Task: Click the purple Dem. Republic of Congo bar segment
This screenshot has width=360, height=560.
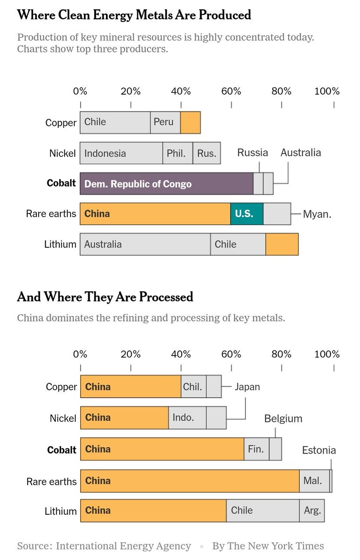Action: pyautogui.click(x=166, y=183)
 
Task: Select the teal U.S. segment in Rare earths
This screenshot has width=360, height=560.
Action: pyautogui.click(x=247, y=214)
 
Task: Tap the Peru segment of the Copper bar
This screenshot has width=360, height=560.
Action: pyautogui.click(x=165, y=122)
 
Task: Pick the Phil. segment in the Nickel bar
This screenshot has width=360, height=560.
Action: pyautogui.click(x=177, y=153)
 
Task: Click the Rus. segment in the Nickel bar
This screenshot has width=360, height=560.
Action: pyautogui.click(x=206, y=153)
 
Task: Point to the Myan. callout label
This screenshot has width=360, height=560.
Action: pyautogui.click(x=317, y=215)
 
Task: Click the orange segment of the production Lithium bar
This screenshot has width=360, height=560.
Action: pyautogui.click(x=282, y=244)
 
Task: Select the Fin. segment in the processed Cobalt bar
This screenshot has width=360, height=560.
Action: pyautogui.click(x=256, y=449)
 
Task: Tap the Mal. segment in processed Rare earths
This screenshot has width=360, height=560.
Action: pyautogui.click(x=313, y=480)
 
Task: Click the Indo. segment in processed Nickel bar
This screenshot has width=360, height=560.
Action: pyautogui.click(x=187, y=418)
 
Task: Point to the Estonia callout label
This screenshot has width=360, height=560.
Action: pyautogui.click(x=319, y=450)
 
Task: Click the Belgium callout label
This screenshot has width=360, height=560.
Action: pyautogui.click(x=283, y=419)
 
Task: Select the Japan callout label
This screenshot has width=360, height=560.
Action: pyautogui.click(x=247, y=387)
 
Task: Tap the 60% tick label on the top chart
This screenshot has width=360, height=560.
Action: pyautogui.click(x=231, y=91)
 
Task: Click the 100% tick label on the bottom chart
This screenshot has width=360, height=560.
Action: pyautogui.click(x=327, y=354)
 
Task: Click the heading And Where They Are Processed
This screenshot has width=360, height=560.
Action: pyautogui.click(x=105, y=297)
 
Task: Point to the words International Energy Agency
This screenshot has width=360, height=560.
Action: pyautogui.click(x=124, y=546)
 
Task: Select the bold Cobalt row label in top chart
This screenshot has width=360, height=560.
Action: pyautogui.click(x=61, y=183)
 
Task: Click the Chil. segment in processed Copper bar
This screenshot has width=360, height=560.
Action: pyautogui.click(x=193, y=386)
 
